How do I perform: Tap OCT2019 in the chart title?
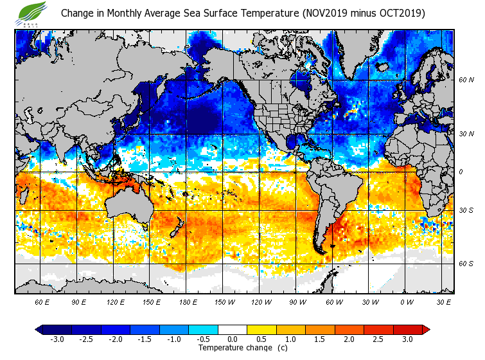point(399,13)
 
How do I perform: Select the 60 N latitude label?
point(466,80)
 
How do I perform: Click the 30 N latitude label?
point(466,134)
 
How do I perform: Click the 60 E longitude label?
point(42,301)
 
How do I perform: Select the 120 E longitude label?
point(115,301)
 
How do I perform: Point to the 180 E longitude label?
point(188,301)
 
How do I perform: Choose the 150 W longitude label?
point(224,301)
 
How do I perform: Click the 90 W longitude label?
point(297,301)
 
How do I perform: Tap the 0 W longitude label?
point(406,301)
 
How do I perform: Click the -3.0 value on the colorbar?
point(57,339)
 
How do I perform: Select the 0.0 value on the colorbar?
point(232,339)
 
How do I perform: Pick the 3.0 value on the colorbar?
point(407,339)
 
